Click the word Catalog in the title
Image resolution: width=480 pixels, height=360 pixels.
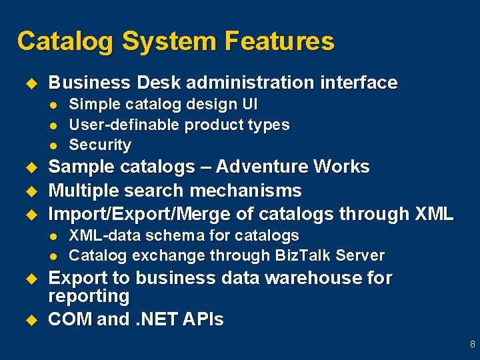(65, 41)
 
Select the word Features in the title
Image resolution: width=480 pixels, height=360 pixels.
(279, 41)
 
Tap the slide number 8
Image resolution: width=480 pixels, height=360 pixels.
(472, 345)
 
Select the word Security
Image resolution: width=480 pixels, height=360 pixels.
(100, 145)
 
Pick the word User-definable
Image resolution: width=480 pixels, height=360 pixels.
(125, 125)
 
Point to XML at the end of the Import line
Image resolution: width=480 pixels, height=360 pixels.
(433, 214)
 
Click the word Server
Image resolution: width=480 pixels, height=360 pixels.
(362, 255)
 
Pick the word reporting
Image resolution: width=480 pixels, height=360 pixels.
(89, 295)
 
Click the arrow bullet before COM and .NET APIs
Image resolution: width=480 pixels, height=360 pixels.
(29, 320)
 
